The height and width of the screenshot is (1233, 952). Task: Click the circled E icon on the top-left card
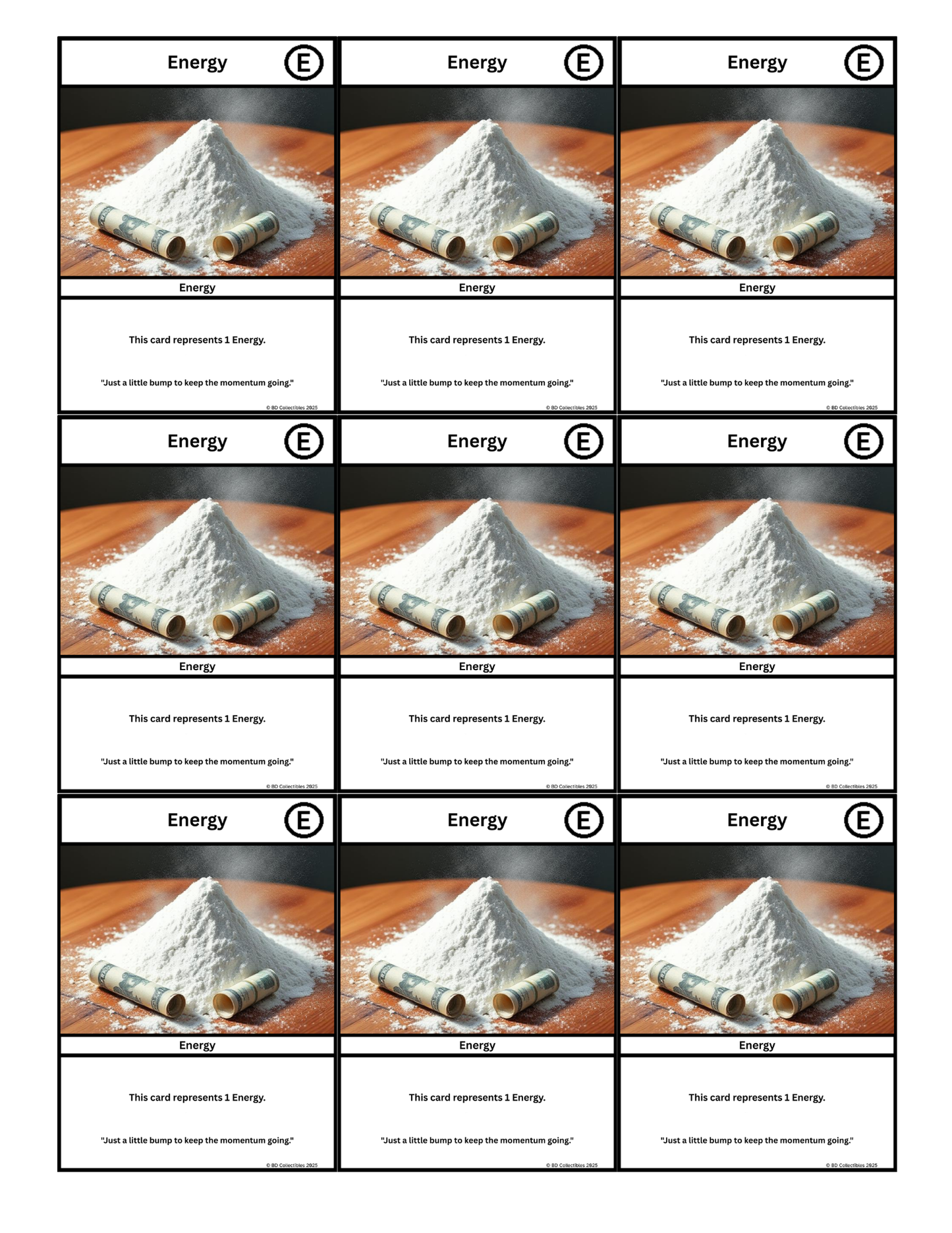coord(304,63)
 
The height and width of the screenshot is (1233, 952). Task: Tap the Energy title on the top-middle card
coord(477,63)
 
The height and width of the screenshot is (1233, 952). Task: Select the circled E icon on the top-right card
coord(863,63)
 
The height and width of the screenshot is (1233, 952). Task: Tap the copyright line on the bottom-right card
coord(851,1165)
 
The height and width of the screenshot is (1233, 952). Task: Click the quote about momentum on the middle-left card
coord(197,761)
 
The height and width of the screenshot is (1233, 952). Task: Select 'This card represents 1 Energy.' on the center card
coord(477,718)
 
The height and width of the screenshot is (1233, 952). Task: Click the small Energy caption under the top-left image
coord(197,287)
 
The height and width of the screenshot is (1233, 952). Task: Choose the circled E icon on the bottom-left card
coord(304,820)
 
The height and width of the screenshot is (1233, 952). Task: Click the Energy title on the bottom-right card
coord(757,820)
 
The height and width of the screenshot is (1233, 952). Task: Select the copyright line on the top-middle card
coord(571,407)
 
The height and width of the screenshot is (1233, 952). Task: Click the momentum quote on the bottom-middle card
coord(477,1140)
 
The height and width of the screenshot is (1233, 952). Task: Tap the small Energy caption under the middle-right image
coord(757,666)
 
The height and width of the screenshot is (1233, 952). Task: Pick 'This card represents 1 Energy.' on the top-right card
coord(757,340)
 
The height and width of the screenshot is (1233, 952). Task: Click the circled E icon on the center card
coord(584,441)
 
